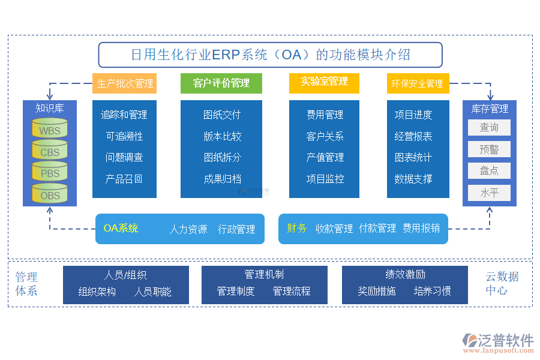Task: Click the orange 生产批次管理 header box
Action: pyautogui.click(x=125, y=83)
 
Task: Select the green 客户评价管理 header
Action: pyautogui.click(x=221, y=83)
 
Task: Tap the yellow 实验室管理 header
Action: pyautogui.click(x=324, y=82)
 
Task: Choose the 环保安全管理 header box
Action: pyautogui.click(x=418, y=83)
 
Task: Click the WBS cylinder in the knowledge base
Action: pyautogui.click(x=50, y=130)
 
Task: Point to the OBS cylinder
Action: pyautogui.click(x=50, y=195)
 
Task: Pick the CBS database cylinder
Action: pyautogui.click(x=50, y=152)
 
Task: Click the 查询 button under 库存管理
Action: pyautogui.click(x=489, y=127)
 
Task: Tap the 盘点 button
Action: pyautogui.click(x=489, y=170)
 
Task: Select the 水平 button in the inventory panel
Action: pyautogui.click(x=489, y=193)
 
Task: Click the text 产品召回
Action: pyautogui.click(x=124, y=179)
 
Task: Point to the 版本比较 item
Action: pyautogui.click(x=221, y=136)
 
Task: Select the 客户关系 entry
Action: pyautogui.click(x=325, y=136)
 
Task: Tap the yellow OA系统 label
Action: pyautogui.click(x=121, y=228)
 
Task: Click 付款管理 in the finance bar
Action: pyautogui.click(x=377, y=228)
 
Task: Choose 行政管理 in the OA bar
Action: pyautogui.click(x=236, y=229)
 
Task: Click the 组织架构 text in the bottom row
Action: pyautogui.click(x=97, y=292)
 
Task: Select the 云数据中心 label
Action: pyautogui.click(x=502, y=284)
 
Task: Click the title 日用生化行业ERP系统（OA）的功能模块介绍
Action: pyautogui.click(x=270, y=55)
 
